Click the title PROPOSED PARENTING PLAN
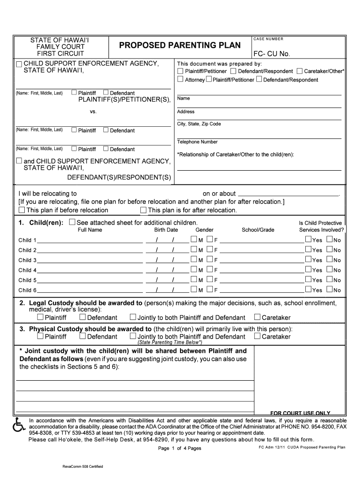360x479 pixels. pos(180,45)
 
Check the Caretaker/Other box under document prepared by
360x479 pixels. pos(299,71)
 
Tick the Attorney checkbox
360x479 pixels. pos(180,80)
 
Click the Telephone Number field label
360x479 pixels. pos(197,142)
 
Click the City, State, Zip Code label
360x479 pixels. pos(199,124)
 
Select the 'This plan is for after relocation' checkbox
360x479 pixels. pos(144,210)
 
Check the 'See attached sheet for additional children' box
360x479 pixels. pos(72,222)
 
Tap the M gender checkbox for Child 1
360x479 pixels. pos(194,239)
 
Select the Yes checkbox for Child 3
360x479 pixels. pos(308,260)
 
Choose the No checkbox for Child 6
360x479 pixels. pos(330,290)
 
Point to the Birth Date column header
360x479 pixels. pos(166,230)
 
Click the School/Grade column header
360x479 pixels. pos(258,230)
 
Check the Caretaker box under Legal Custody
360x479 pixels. pos(257,318)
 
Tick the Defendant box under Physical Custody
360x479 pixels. pos(83,336)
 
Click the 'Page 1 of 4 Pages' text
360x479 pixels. pos(180,448)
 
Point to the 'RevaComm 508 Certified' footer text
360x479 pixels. pos(83,467)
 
